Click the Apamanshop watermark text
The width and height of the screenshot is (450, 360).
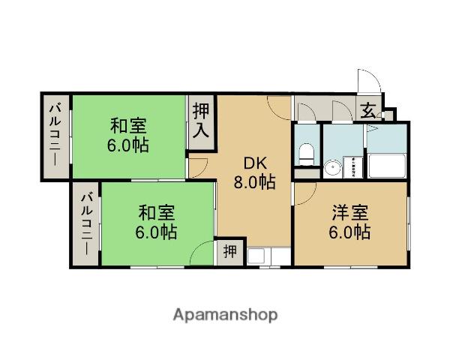[225, 315]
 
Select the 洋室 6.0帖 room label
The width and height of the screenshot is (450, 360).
[349, 222]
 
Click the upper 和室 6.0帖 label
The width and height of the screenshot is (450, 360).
[128, 135]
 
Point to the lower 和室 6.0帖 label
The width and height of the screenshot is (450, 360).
[156, 222]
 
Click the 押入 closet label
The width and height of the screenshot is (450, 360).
[201, 121]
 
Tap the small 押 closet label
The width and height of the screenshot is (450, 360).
[230, 252]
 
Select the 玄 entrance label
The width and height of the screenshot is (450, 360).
[368, 111]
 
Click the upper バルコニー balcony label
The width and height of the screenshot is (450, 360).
[55, 135]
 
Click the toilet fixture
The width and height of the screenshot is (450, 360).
[306, 154]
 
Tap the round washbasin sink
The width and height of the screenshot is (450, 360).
[332, 168]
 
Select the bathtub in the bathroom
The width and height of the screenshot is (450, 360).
[386, 166]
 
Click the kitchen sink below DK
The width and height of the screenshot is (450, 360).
[256, 256]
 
